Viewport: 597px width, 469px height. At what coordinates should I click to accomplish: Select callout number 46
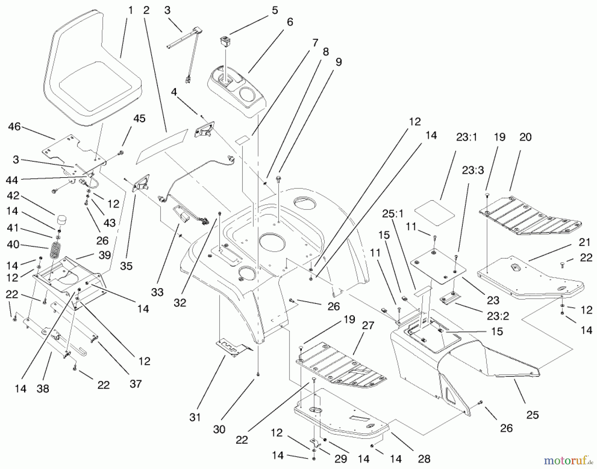tap(14, 126)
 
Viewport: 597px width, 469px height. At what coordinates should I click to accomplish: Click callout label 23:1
tap(466, 137)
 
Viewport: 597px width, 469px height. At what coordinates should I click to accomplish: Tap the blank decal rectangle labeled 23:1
tap(434, 212)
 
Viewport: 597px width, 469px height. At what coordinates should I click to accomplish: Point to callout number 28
tap(424, 459)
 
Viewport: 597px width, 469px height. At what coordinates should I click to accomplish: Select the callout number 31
tap(195, 417)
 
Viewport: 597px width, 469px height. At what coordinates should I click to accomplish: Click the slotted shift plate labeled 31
tap(234, 349)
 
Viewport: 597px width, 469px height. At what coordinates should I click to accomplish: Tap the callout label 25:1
tap(392, 213)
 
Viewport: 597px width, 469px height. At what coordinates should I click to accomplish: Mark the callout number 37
tap(135, 384)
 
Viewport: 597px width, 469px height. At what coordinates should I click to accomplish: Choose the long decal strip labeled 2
tap(162, 146)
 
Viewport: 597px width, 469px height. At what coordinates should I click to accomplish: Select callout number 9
tap(338, 62)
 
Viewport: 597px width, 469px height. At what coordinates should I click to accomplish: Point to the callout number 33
tap(157, 292)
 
